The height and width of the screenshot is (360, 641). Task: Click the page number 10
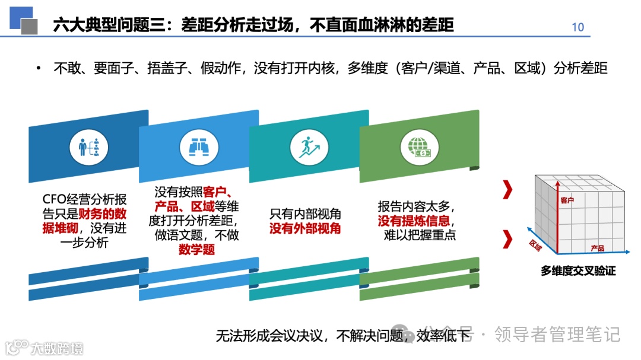click(x=577, y=27)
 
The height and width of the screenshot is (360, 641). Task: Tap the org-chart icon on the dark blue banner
click(x=88, y=148)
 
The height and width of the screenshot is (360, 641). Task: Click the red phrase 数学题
click(x=196, y=250)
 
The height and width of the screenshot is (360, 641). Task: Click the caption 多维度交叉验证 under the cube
click(x=577, y=270)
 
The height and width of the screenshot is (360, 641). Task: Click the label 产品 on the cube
click(x=597, y=248)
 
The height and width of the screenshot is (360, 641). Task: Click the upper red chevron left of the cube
click(x=507, y=190)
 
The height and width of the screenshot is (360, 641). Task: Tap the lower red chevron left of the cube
click(x=507, y=239)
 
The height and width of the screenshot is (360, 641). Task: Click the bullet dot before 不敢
click(x=39, y=68)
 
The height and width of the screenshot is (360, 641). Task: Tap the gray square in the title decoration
click(x=30, y=26)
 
